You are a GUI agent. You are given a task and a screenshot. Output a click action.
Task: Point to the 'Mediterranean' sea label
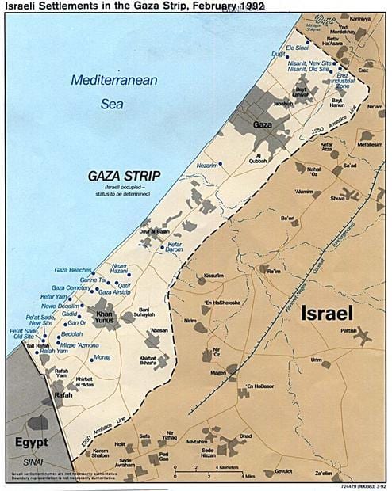tap(113, 80)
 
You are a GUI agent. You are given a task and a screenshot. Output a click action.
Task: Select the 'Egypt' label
tap(30, 441)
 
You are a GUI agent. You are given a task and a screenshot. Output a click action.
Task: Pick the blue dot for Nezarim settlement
tap(221, 163)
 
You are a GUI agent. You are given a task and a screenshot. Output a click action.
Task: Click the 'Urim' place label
tap(316, 359)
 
